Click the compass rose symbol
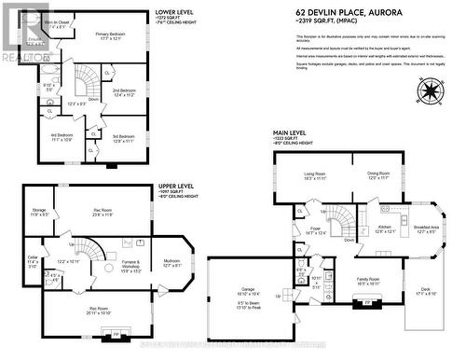click(x=431, y=90)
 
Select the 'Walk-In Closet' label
click(x=34, y=22)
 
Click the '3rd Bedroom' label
click(x=123, y=135)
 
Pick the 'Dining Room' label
click(x=377, y=173)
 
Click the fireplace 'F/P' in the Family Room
click(x=367, y=302)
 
